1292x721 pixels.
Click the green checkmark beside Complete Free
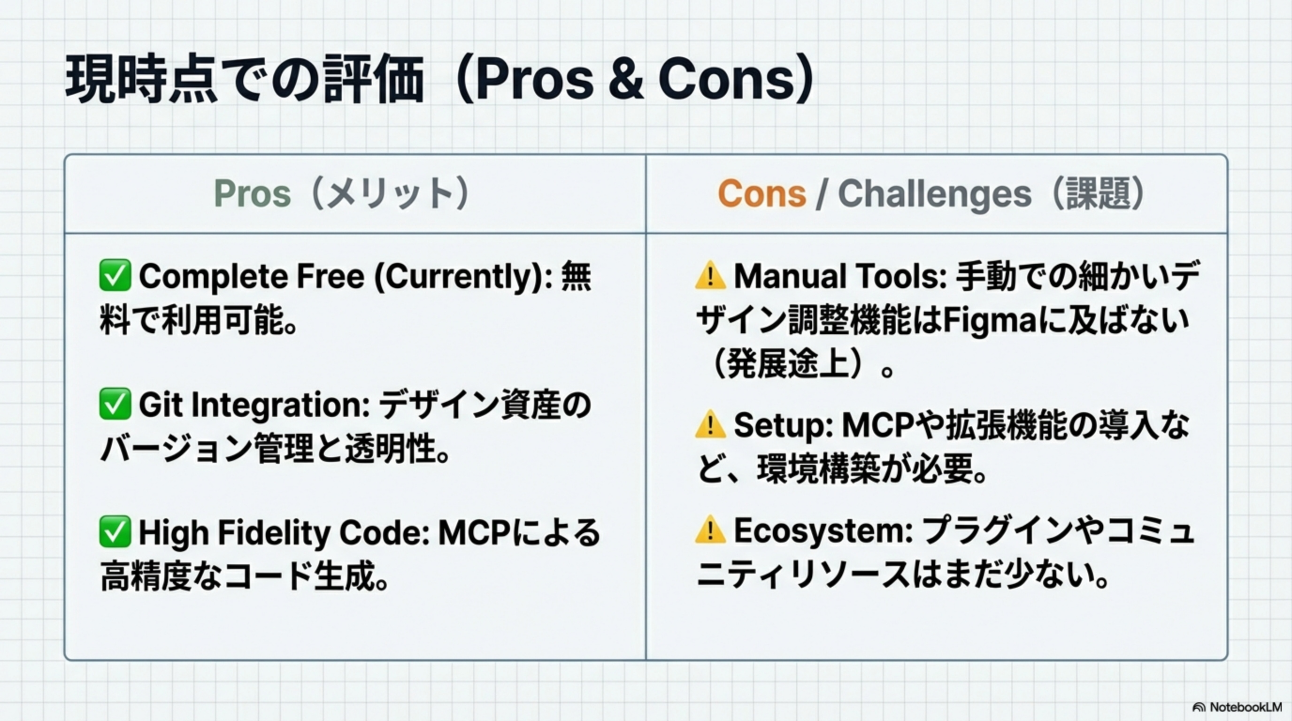coord(115,275)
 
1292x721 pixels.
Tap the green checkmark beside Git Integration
coord(115,404)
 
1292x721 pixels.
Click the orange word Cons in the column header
coord(762,193)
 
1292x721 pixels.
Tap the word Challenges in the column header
coord(934,194)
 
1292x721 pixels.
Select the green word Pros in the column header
coord(252,193)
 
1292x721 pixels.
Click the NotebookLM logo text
coord(1246,707)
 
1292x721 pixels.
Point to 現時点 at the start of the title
coord(142,80)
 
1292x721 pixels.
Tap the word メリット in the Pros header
coord(391,193)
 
